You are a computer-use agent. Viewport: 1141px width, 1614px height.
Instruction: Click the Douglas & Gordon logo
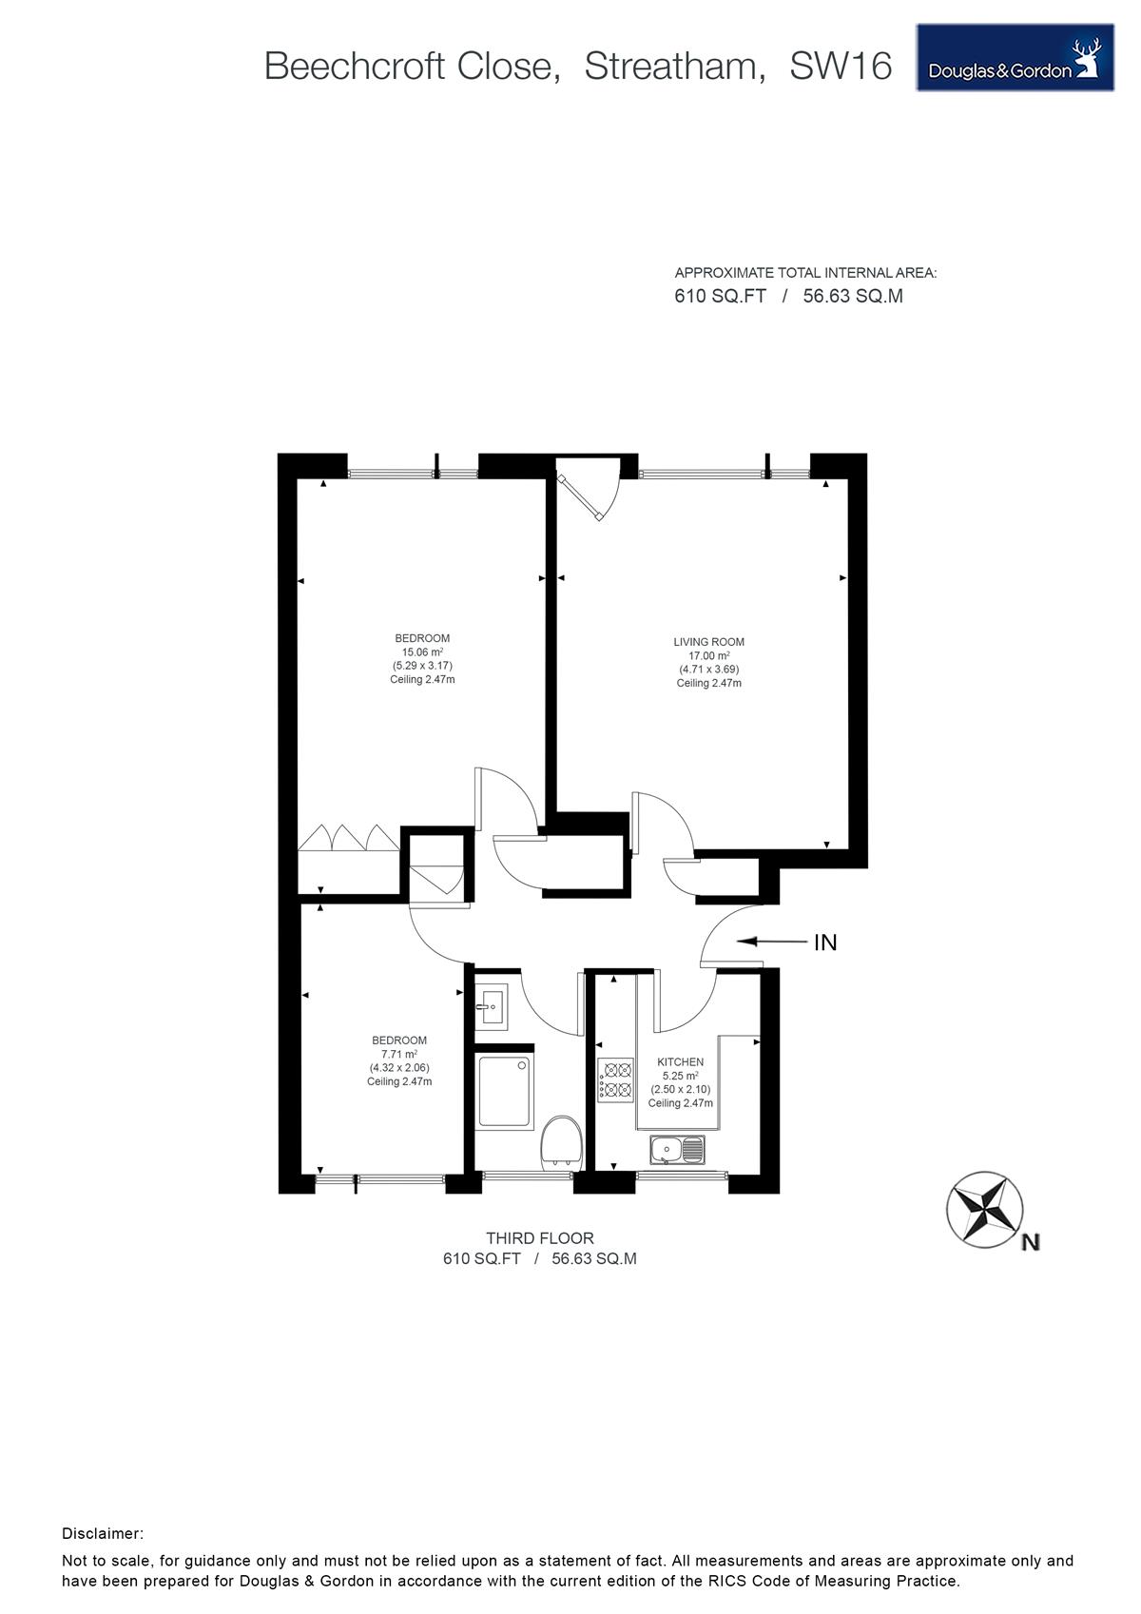pos(1015,58)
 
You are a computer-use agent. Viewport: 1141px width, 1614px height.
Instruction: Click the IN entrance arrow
pos(771,941)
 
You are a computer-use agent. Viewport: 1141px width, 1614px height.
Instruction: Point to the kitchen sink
pos(677,1150)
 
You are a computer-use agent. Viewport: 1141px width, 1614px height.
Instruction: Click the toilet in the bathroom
pos(561,1141)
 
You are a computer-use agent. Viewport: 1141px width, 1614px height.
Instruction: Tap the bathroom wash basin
pos(492,1006)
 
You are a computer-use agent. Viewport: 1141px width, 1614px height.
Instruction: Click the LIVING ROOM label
pos(708,641)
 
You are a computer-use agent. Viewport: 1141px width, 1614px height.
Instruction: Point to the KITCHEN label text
pos(680,1061)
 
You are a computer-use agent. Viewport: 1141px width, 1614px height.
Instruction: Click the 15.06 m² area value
pos(422,652)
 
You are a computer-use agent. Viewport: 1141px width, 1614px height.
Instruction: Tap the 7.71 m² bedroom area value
pos(399,1054)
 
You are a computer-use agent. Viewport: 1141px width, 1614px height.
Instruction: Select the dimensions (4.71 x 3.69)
pos(708,669)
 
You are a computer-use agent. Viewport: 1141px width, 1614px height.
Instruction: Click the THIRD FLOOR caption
pos(539,1238)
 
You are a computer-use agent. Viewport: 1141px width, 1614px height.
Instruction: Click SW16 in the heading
pos(841,67)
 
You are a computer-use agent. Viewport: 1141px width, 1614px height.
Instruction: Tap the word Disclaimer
pos(103,1534)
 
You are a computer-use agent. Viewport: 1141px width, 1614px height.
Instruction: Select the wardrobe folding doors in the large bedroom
pos(349,837)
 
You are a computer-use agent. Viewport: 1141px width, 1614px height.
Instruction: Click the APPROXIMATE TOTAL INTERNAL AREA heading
pos(805,273)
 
